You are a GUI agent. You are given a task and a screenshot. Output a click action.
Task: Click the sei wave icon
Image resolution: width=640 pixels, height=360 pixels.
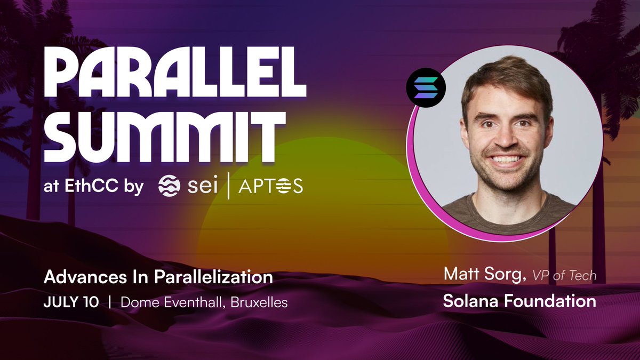click(x=169, y=186)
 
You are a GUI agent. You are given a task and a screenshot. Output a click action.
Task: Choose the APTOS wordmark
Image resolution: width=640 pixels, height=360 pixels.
click(x=270, y=186)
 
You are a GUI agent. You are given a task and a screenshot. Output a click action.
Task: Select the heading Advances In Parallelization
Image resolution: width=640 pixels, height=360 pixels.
click(x=158, y=277)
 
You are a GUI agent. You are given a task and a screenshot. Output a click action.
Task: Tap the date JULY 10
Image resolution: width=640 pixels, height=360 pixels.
click(x=71, y=302)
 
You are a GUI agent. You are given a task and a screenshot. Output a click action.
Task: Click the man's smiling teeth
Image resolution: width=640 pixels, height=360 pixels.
click(x=507, y=158)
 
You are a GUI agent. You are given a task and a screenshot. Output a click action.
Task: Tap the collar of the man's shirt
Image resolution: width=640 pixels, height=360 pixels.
click(x=507, y=205)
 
